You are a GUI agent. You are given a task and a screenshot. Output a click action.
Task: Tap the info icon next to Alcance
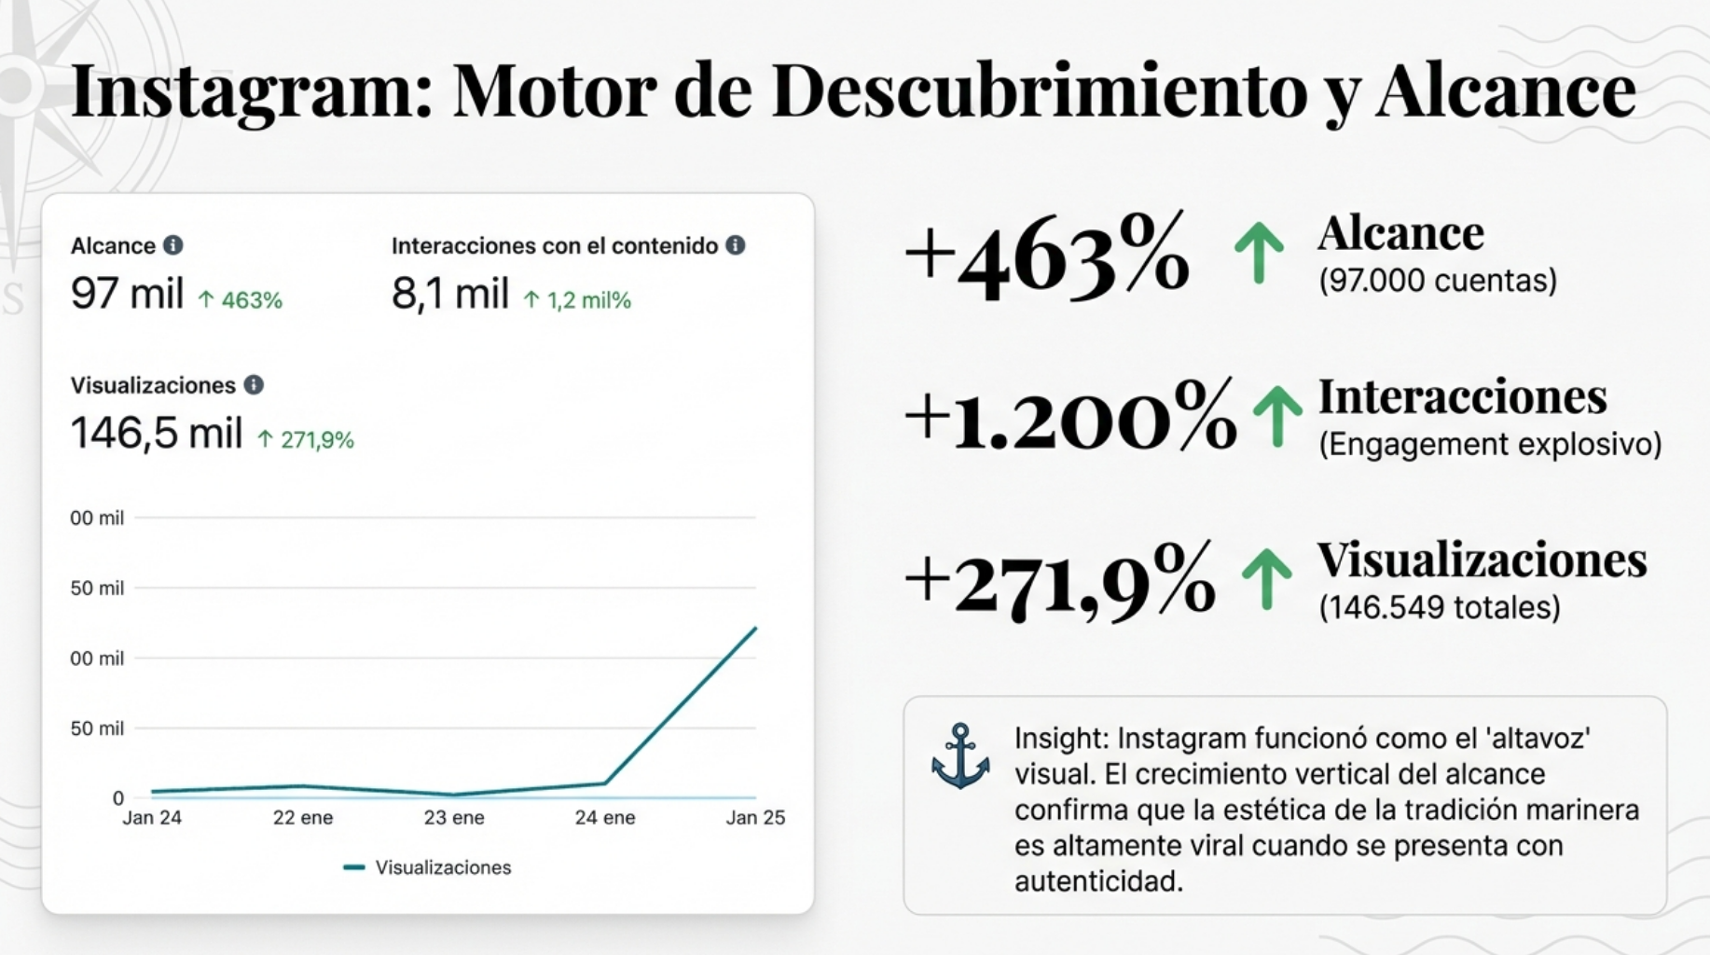(173, 245)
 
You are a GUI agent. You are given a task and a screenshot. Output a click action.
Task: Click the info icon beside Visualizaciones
(254, 385)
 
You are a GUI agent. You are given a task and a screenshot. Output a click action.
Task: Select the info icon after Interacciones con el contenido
(736, 245)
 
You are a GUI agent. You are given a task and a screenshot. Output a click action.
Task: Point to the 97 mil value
(127, 294)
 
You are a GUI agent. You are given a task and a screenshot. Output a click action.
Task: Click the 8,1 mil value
(450, 294)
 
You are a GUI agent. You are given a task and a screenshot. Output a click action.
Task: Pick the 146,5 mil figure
(157, 434)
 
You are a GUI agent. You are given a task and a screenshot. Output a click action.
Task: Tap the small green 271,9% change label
(306, 440)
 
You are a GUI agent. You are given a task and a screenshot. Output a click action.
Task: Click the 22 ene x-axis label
(303, 818)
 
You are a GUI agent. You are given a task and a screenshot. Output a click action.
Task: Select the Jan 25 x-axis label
(755, 818)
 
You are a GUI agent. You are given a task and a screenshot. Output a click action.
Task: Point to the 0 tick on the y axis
(118, 798)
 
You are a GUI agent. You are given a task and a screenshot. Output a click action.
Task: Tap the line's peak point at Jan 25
(755, 629)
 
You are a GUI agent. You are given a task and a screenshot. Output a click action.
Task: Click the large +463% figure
(1047, 256)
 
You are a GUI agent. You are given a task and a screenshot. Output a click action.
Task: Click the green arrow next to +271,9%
(1266, 578)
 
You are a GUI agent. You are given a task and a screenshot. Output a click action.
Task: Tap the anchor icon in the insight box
(960, 756)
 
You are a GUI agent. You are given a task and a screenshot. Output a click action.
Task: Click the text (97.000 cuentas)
(1438, 281)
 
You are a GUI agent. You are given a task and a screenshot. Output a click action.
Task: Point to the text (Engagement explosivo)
(1490, 444)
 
